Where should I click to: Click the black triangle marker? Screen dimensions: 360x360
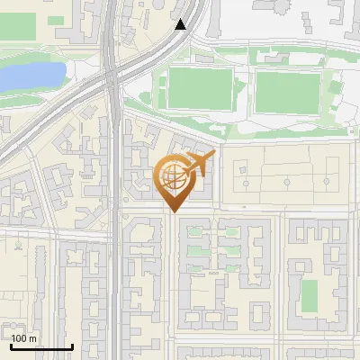tap(181, 25)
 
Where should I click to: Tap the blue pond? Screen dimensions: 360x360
tap(31, 76)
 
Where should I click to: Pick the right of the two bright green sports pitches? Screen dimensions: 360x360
tap(288, 91)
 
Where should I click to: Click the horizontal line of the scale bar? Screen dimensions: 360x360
tap(40, 347)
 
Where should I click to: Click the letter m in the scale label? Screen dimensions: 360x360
tap(33, 338)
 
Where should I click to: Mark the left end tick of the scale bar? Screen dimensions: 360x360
tap(10, 345)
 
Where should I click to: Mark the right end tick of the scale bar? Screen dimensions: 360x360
tap(72, 345)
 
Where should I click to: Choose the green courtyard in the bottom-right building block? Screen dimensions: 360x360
tap(309, 296)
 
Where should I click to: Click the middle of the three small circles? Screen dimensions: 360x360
tap(286, 182)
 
